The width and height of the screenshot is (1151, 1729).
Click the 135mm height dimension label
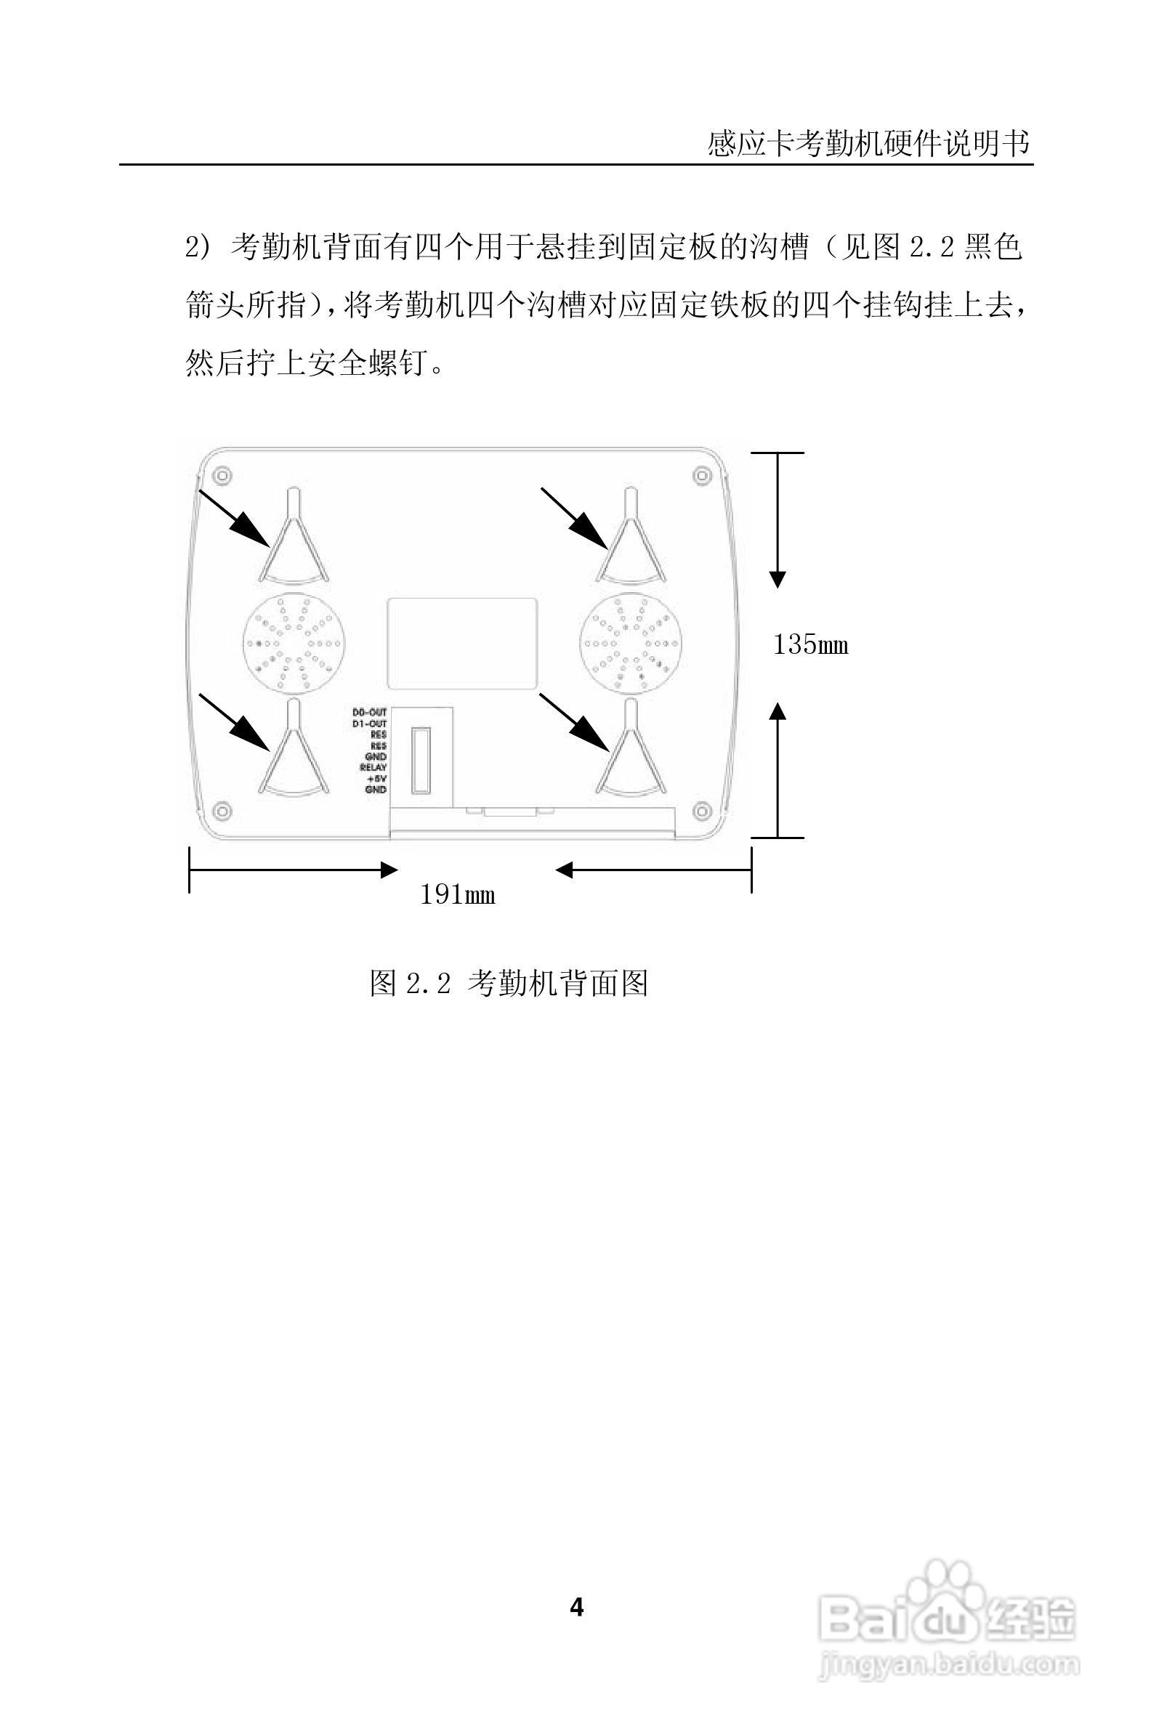[x=810, y=645]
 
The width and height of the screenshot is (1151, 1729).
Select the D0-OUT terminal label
[x=369, y=713]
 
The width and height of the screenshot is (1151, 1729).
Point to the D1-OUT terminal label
[x=369, y=724]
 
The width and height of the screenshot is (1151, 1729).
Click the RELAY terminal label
[x=373, y=768]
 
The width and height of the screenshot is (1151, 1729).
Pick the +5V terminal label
[x=376, y=779]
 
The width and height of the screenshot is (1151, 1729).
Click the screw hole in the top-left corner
[x=223, y=476]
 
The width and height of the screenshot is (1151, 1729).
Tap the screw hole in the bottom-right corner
[x=703, y=811]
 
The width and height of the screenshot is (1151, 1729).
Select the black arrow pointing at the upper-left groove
[x=234, y=518]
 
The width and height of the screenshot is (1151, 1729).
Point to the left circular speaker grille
[x=294, y=644]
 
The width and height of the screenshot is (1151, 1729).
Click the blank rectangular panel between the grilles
[x=461, y=644]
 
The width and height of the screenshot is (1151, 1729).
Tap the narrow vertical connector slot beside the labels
[x=421, y=760]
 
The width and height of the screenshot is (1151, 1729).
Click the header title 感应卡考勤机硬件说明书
[x=868, y=143]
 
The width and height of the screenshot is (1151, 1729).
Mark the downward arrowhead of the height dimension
[x=778, y=579]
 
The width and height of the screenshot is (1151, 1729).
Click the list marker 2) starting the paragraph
[x=198, y=248]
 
